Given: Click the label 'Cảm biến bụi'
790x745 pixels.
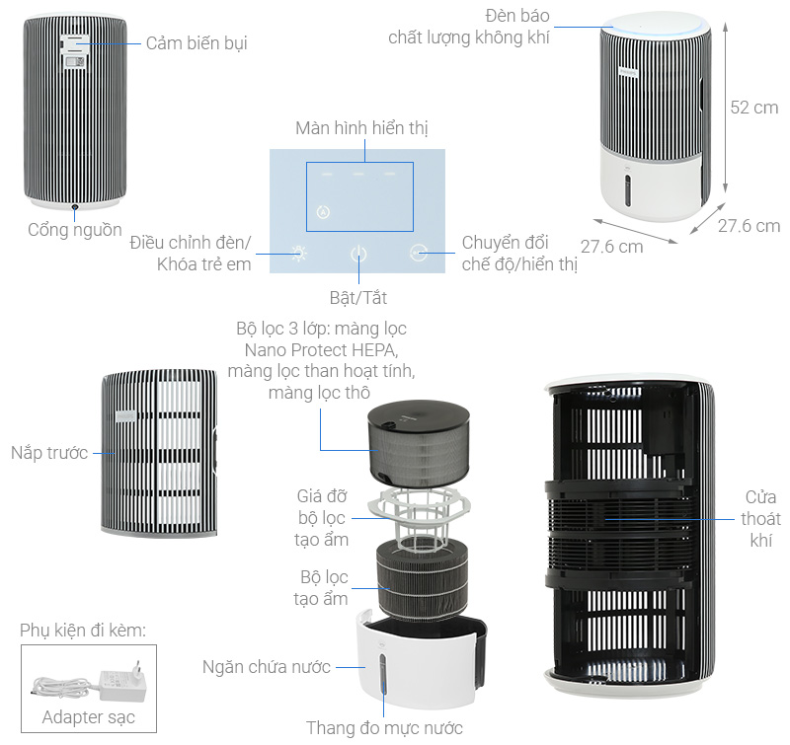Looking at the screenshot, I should tap(196, 43).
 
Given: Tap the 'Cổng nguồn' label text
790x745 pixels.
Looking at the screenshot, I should tap(74, 230).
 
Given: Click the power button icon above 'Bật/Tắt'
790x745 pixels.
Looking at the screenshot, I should tap(358, 254).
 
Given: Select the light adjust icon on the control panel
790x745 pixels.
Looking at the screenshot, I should tap(300, 253).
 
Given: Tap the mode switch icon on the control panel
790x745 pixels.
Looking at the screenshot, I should tap(419, 254).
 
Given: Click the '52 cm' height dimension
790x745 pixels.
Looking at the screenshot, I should tap(753, 108).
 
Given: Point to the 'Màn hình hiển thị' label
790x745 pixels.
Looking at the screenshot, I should tap(361, 129).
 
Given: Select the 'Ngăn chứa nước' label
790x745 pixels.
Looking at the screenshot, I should tap(266, 667).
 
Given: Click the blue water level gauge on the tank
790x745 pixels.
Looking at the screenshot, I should tap(383, 680).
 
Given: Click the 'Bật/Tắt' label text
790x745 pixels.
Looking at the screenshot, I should tap(358, 296).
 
